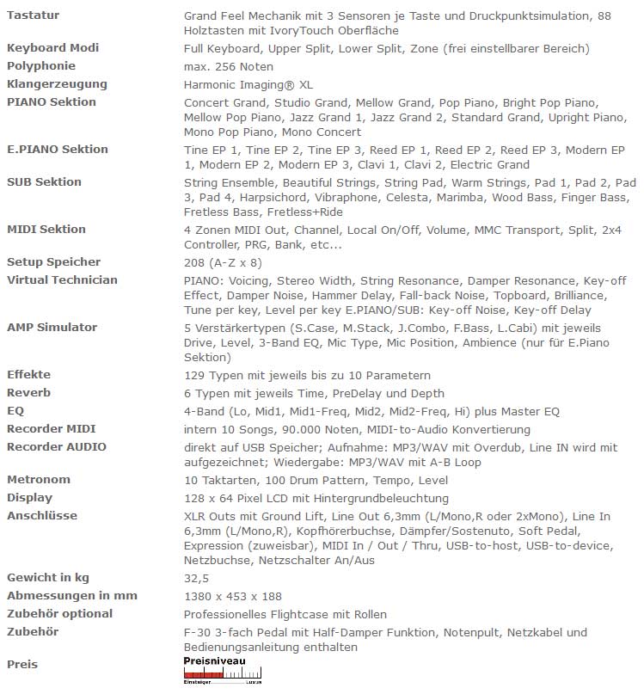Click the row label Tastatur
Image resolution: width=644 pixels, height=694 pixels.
[33, 15]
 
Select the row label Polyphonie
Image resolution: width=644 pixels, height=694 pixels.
[41, 66]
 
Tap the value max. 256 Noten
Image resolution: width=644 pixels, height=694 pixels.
[228, 67]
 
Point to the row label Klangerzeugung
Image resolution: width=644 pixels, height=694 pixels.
[57, 84]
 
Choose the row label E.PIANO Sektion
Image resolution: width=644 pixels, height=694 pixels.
[58, 150]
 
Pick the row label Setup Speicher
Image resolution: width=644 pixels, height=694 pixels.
[53, 262]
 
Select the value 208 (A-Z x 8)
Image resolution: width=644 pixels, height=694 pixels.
[223, 263]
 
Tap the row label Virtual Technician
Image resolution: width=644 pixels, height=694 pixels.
[62, 280]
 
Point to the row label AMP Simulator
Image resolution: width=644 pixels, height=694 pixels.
[52, 328]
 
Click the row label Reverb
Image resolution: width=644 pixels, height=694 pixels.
[28, 393]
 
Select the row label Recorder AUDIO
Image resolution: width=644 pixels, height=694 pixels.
[57, 447]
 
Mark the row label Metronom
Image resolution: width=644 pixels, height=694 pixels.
[39, 480]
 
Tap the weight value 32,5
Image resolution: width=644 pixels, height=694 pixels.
[197, 579]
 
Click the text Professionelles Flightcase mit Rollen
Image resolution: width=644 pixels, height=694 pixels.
[285, 615]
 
